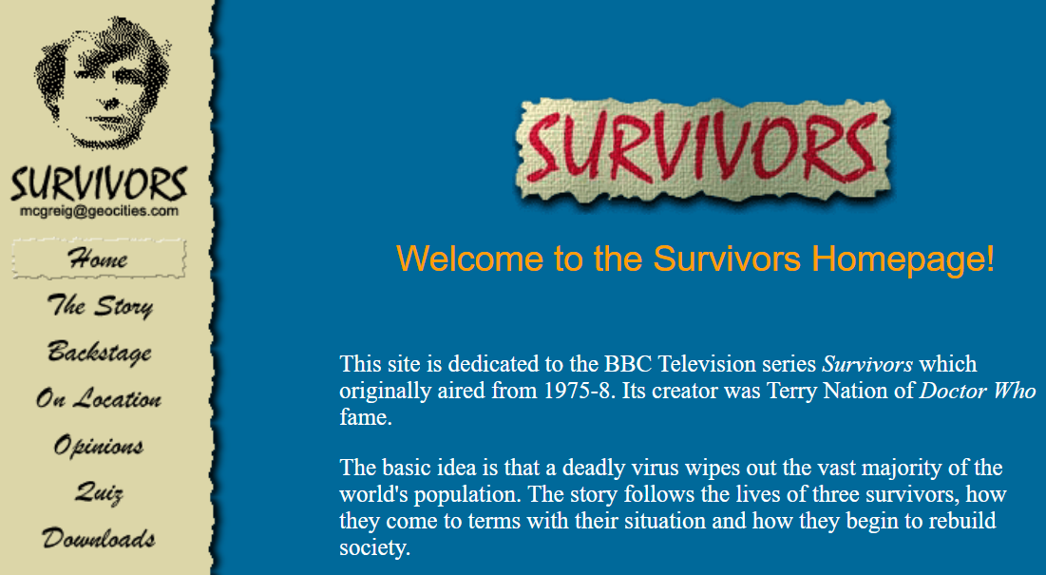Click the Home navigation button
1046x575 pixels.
(98, 259)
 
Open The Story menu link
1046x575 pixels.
(100, 306)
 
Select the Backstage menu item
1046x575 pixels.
(100, 353)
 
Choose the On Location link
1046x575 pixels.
(99, 399)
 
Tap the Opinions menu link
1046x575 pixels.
(99, 446)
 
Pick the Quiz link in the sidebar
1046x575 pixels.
(99, 492)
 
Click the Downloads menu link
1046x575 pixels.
(99, 539)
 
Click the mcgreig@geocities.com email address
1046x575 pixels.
(99, 211)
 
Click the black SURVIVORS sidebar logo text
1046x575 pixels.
(99, 183)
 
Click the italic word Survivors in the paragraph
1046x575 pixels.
(867, 364)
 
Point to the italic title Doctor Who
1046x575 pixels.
(978, 391)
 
